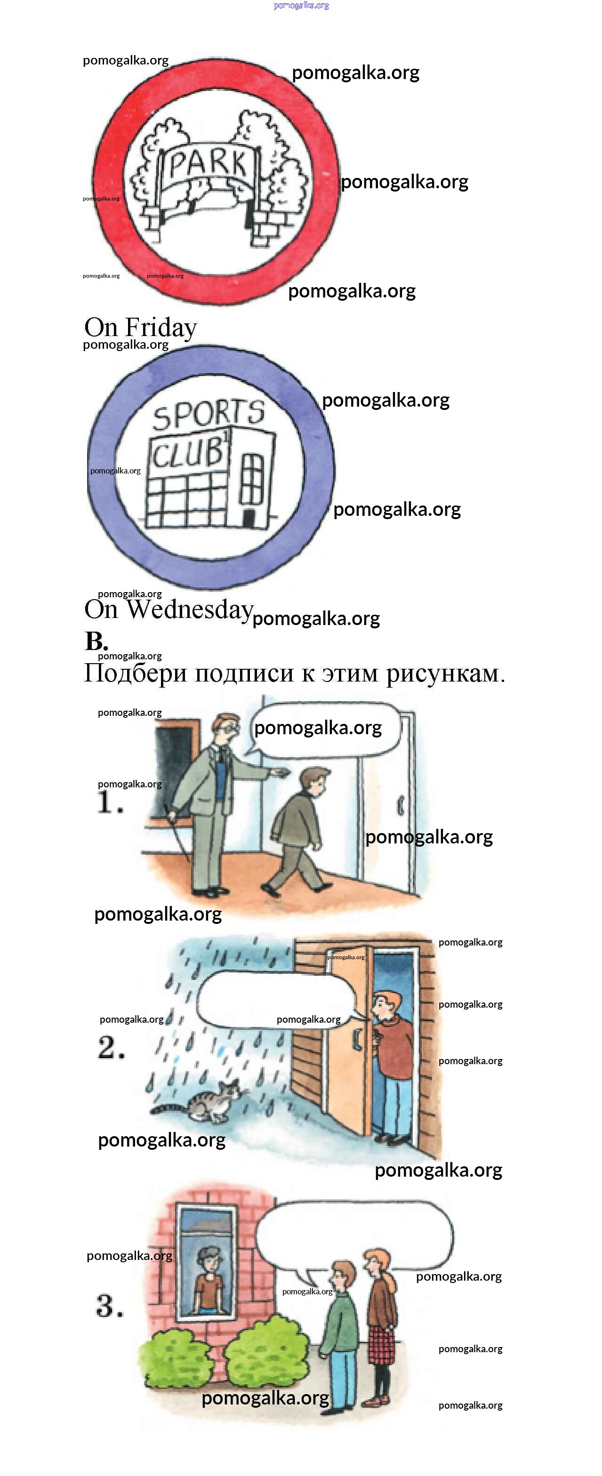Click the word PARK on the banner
click(x=209, y=163)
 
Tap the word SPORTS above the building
click(x=209, y=414)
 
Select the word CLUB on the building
click(x=188, y=453)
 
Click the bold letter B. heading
click(x=96, y=641)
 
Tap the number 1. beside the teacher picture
click(x=110, y=802)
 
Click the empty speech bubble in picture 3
click(x=353, y=1236)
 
